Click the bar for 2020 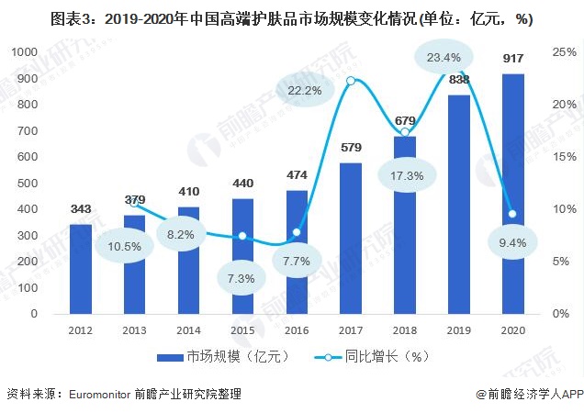point(513,194)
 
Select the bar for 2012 point(81,268)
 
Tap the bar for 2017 point(351,238)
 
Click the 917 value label point(513,59)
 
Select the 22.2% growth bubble point(304,90)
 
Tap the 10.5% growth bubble point(122,247)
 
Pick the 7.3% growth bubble point(242,277)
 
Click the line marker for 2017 point(351,82)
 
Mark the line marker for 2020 point(511,214)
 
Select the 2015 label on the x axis point(242,329)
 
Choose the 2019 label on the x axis point(458,329)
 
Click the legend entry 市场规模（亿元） point(221,355)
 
